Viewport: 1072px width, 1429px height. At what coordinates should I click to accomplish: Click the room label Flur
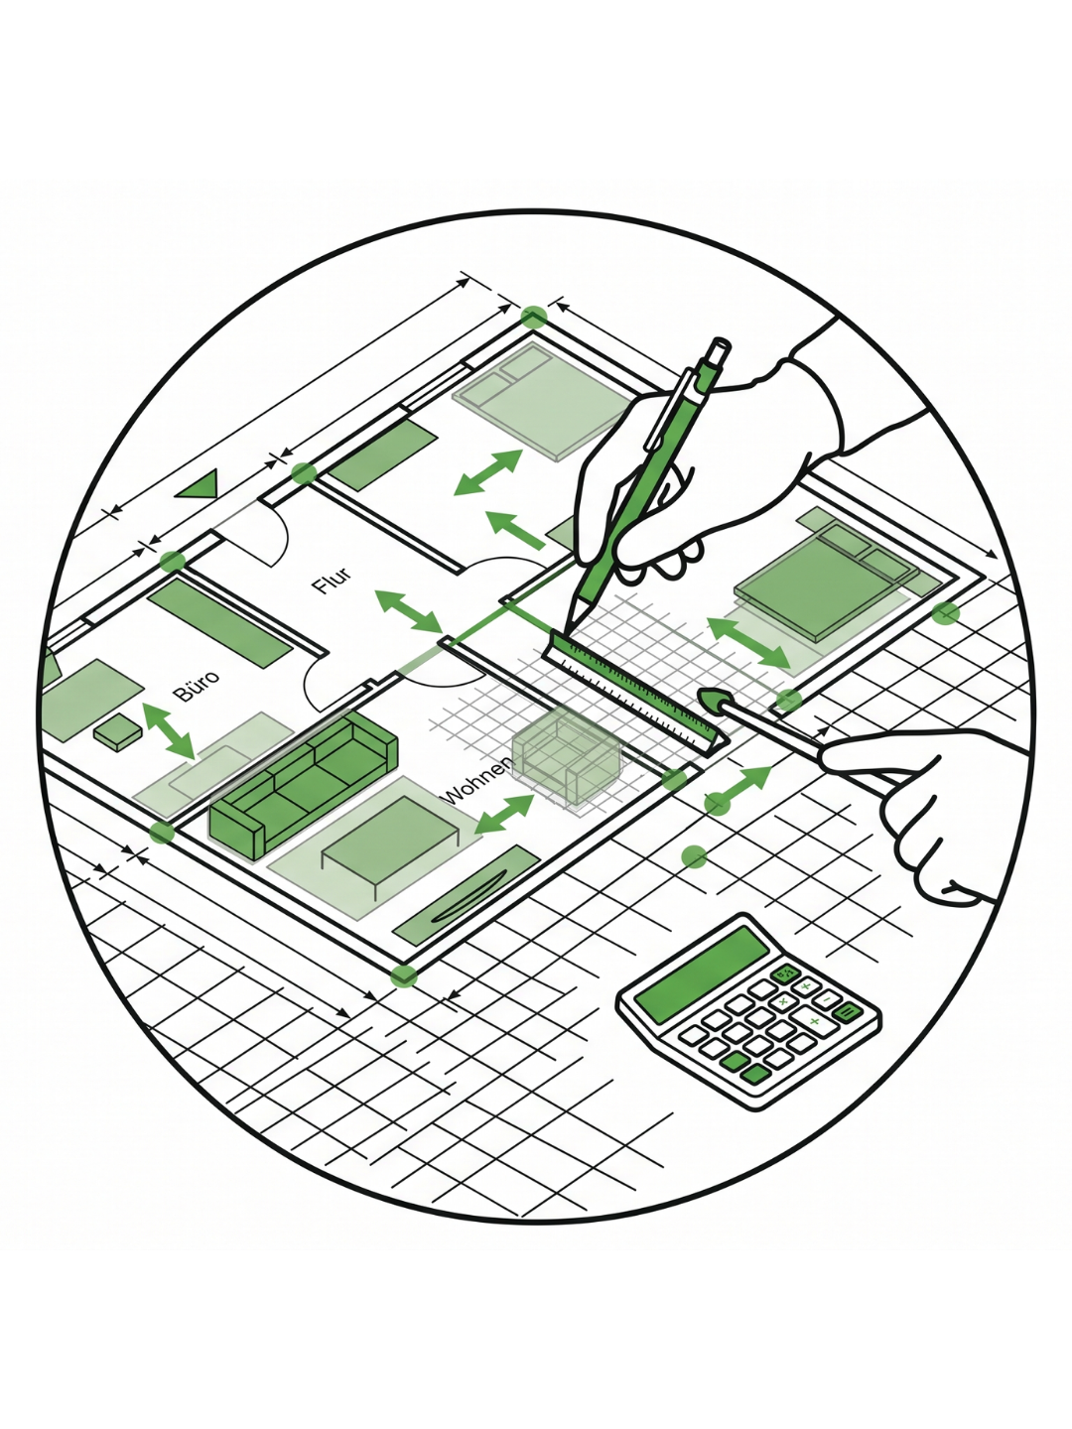pos(332,581)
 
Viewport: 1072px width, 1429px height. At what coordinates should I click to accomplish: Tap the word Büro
pos(197,685)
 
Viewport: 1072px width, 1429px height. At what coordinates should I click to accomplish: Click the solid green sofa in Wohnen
pos(302,784)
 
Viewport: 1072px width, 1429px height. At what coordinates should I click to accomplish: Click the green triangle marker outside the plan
pos(199,484)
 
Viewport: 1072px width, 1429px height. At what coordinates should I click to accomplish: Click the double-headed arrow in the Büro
pos(168,730)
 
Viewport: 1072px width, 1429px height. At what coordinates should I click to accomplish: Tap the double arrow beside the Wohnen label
pos(504,814)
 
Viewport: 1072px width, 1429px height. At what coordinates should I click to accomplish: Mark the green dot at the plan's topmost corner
pos(534,317)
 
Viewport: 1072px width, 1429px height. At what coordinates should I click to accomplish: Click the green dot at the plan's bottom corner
pos(404,976)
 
